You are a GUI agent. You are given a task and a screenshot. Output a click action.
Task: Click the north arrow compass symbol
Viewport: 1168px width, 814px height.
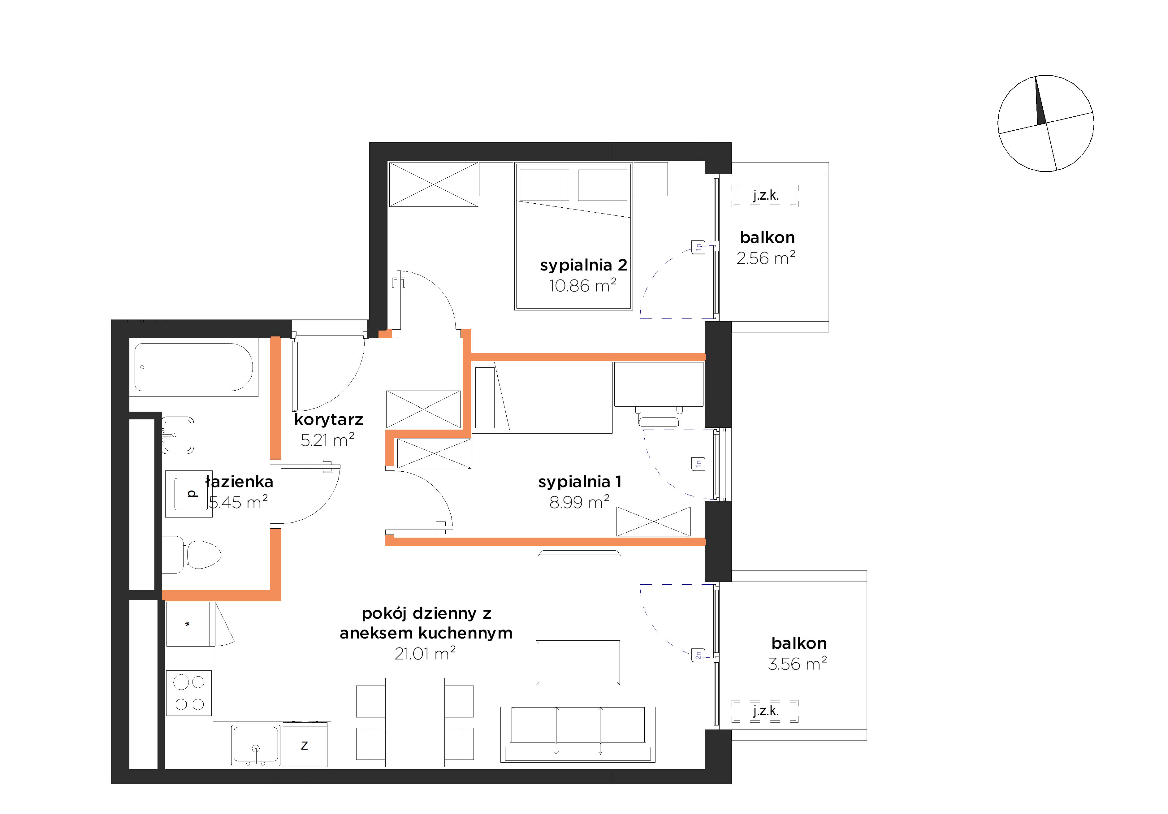pos(1045,123)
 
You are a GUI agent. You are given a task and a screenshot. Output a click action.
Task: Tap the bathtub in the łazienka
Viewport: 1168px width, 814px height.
pos(194,367)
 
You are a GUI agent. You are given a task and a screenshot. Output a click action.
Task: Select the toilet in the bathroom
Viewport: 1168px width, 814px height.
pos(192,554)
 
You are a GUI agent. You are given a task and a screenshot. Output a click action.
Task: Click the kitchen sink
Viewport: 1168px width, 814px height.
pos(256,745)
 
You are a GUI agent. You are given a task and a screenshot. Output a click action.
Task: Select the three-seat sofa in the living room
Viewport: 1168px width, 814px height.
pos(578,734)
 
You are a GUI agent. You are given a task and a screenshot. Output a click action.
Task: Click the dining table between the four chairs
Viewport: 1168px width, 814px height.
pos(415,722)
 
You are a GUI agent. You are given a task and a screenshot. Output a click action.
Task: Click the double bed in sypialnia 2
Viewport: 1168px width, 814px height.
pos(573,236)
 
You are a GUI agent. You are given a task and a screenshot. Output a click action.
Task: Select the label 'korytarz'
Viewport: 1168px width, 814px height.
pos(329,420)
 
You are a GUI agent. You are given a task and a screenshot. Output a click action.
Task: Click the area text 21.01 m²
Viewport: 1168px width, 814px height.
pos(425,653)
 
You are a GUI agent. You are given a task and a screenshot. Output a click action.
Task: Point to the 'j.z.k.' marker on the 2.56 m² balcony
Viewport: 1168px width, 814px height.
pos(766,195)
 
